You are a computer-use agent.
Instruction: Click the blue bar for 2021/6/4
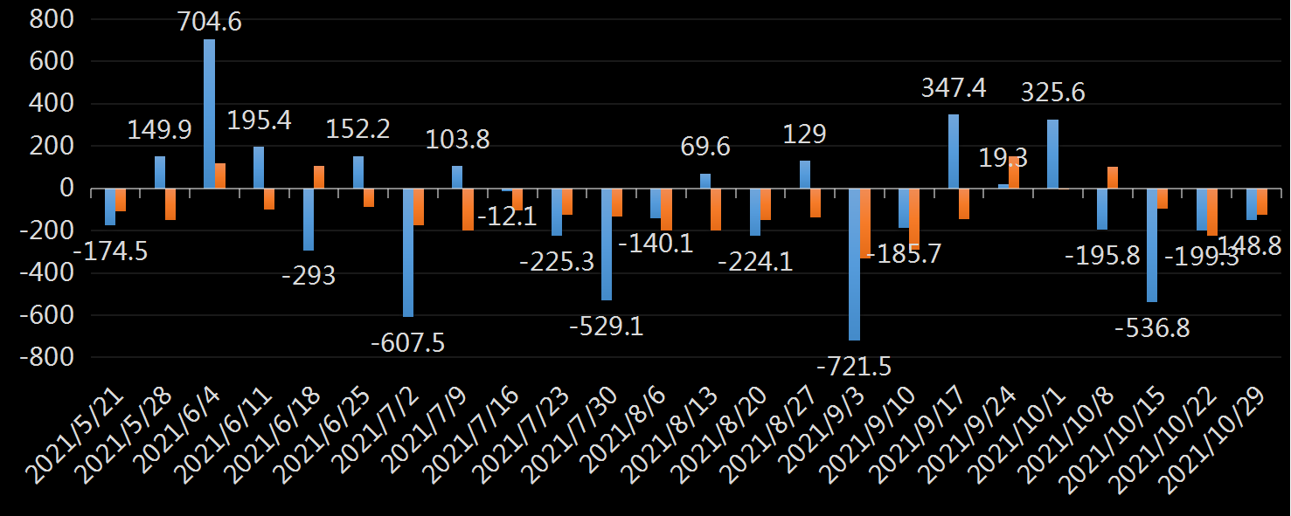(209, 114)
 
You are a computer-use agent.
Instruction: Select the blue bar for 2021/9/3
(854, 264)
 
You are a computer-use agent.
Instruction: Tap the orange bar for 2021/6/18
(319, 176)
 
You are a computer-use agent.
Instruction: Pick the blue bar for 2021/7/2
(407, 252)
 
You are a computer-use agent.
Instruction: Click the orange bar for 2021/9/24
(1013, 173)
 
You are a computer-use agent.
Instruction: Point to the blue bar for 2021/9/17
(953, 151)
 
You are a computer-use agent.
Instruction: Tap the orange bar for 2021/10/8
(1113, 177)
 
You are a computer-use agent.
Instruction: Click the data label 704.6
(209, 21)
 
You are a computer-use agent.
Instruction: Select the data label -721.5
(854, 367)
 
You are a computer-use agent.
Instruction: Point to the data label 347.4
(954, 88)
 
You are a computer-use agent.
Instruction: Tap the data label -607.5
(408, 341)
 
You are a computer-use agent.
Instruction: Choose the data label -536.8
(1152, 328)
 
